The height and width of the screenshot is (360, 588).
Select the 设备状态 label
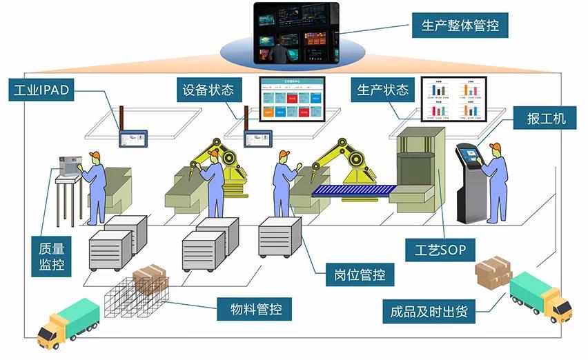(208, 90)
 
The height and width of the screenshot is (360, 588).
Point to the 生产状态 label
(384, 90)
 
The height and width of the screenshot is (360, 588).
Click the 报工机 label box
(542, 118)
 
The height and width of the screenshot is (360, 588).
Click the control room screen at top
(296, 32)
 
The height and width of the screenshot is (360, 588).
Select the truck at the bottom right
(540, 297)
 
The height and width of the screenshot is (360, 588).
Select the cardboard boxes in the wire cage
(151, 279)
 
